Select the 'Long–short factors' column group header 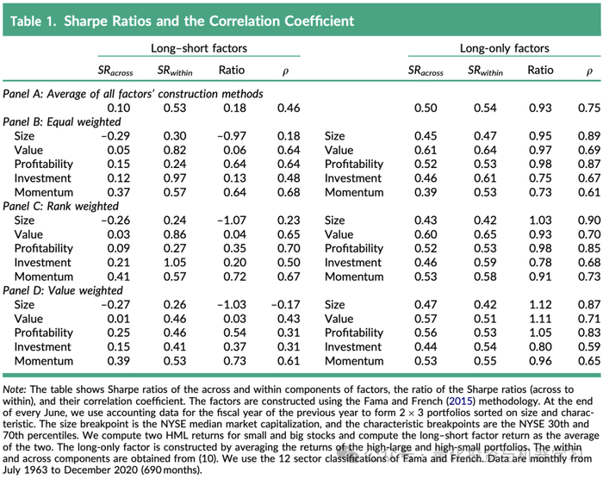(199, 49)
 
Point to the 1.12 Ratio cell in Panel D (540, 305)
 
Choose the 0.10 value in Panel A (120, 107)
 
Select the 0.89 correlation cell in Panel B (588, 136)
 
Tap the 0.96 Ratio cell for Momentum (540, 361)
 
